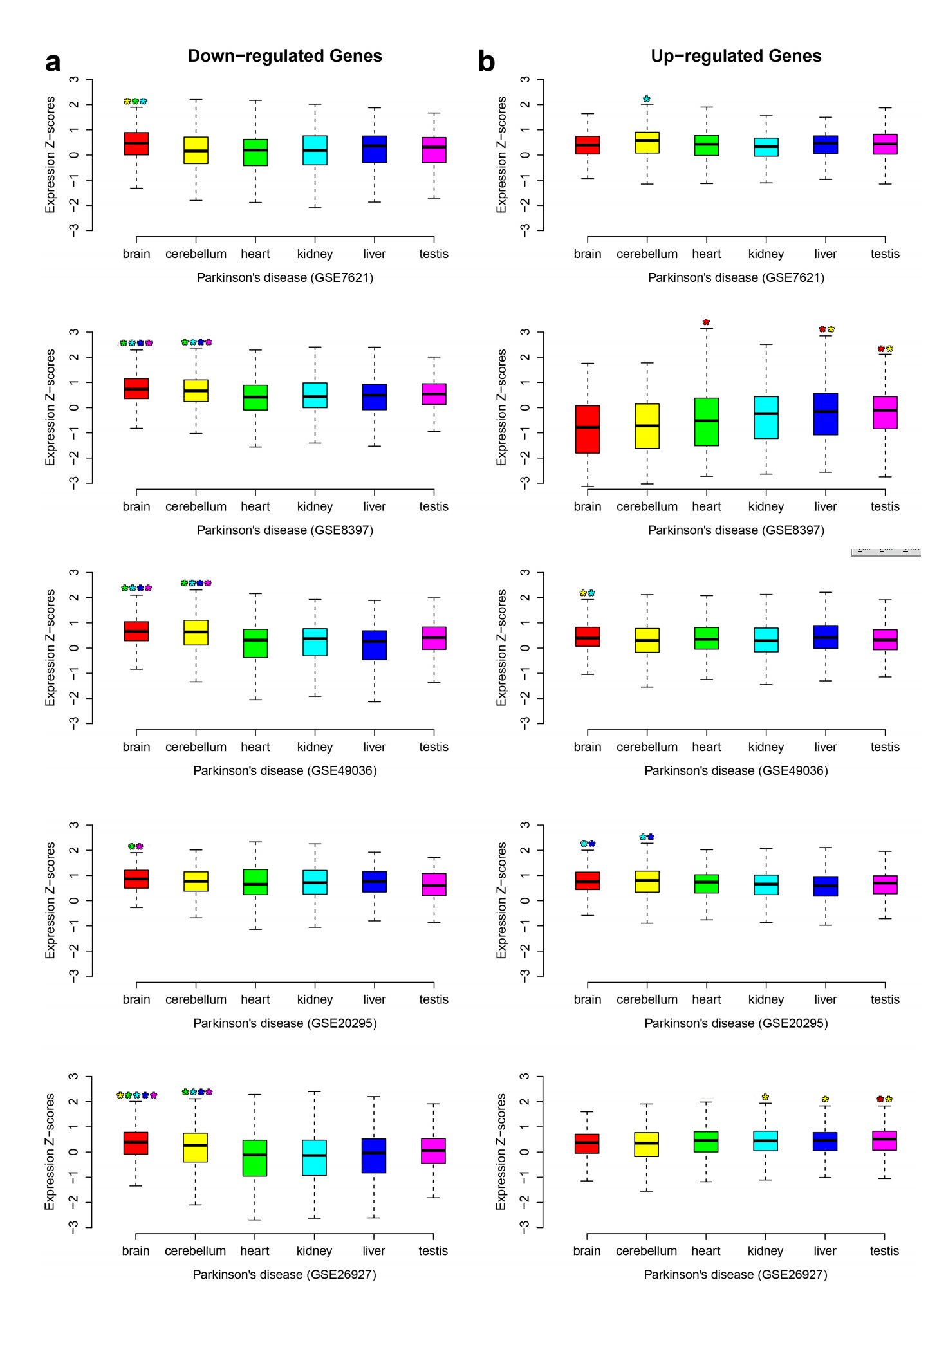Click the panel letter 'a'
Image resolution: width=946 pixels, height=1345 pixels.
coord(53,62)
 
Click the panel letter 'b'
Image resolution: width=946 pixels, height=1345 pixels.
coord(487,62)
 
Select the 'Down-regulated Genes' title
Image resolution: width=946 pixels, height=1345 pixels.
coord(284,56)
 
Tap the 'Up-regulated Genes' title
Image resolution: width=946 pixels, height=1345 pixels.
coord(736,56)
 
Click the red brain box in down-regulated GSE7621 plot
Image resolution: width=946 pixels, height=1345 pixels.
coord(136,144)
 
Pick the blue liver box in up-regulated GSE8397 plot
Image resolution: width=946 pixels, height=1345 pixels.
coord(825,414)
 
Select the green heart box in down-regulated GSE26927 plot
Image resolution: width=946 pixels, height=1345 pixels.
coord(255,1158)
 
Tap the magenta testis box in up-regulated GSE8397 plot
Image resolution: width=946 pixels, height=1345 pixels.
coord(885,413)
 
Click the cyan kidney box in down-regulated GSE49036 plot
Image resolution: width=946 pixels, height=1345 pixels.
coord(315,642)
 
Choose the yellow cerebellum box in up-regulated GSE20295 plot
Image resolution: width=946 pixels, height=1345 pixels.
coord(647,882)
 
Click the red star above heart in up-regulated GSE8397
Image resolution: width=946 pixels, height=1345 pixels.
coord(706,322)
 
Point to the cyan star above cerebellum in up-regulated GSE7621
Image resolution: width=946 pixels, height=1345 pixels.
coord(647,99)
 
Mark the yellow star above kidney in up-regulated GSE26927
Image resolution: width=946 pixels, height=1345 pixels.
coord(765,1097)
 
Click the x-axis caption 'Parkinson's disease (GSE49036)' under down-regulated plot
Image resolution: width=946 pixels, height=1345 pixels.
coord(284,770)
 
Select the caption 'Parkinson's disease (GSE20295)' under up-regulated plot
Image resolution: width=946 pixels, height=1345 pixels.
coord(736,1023)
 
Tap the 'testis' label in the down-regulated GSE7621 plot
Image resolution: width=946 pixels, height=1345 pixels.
coord(433,254)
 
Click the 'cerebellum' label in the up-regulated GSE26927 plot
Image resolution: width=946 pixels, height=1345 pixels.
coord(646,1250)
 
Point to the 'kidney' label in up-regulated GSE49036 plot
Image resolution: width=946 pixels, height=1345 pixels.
coord(766,747)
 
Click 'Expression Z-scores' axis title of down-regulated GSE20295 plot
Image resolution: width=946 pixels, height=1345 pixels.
coord(50,900)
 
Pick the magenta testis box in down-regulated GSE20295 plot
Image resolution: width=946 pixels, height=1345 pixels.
coord(434,884)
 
